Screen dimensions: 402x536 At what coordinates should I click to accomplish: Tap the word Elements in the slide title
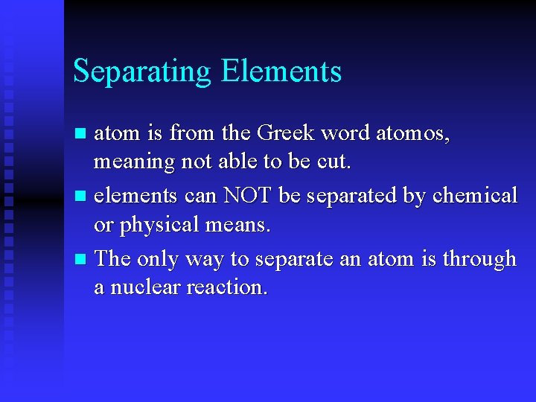pos(281,71)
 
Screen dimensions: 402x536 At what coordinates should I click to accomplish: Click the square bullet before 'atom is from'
pos(81,135)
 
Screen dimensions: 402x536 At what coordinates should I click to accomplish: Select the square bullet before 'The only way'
pos(81,260)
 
